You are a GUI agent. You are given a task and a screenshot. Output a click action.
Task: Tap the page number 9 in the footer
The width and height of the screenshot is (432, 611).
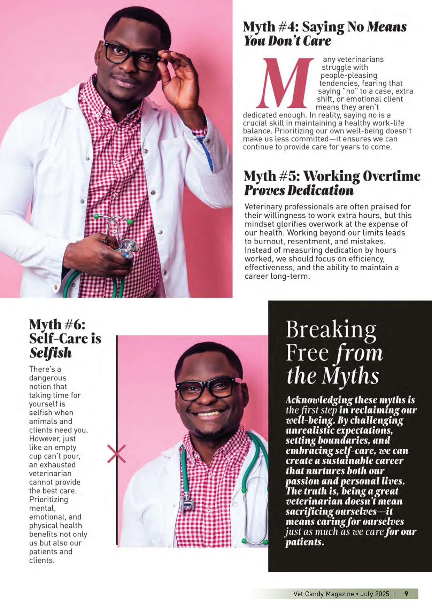[x=406, y=594]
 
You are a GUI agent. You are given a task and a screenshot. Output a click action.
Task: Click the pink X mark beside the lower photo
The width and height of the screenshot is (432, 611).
[x=116, y=454]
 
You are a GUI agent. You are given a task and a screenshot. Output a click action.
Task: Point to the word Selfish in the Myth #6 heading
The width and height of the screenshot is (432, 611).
[x=50, y=353]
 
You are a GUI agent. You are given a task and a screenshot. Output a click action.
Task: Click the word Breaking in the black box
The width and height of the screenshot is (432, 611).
[x=331, y=330]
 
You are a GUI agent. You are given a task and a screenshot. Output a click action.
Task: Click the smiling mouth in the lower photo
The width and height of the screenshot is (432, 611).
[x=208, y=414]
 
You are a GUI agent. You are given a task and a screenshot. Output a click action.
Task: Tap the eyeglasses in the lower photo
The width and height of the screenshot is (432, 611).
[x=208, y=388]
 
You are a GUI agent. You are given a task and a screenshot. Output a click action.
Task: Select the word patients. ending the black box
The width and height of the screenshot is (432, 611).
[x=304, y=542]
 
